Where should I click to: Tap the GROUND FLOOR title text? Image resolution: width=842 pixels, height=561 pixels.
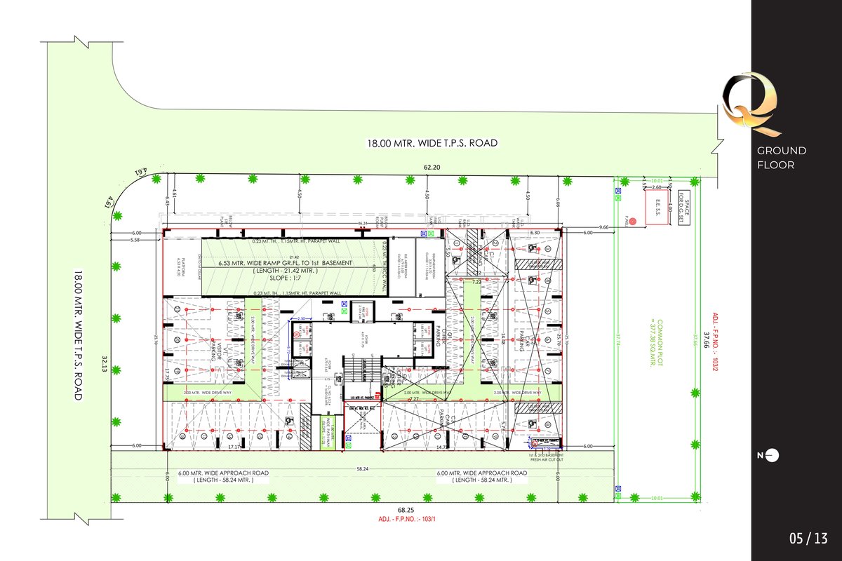click(x=781, y=158)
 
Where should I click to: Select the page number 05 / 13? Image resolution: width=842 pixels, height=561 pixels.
click(x=808, y=539)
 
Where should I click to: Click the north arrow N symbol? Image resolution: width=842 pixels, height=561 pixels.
click(x=768, y=456)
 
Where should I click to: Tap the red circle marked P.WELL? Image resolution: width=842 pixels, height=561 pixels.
click(x=631, y=222)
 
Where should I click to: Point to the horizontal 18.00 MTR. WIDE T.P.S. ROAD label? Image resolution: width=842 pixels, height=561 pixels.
click(x=432, y=143)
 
